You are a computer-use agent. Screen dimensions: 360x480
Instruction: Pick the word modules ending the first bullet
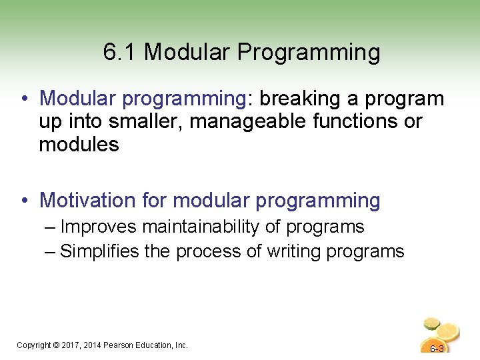click(79, 145)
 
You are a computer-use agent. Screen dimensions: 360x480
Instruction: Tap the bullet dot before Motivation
click(25, 200)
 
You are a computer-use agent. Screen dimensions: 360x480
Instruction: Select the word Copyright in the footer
click(33, 345)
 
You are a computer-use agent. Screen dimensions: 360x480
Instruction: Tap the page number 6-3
click(437, 349)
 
